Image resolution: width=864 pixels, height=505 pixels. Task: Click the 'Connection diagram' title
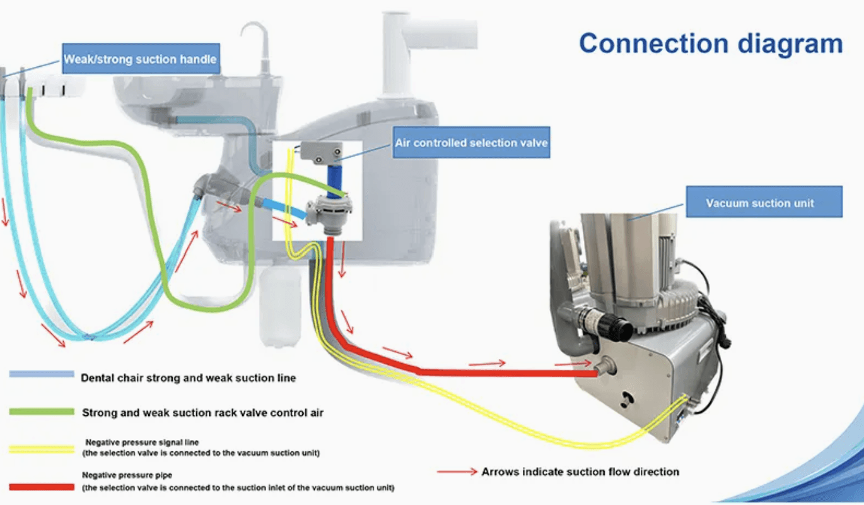click(x=711, y=44)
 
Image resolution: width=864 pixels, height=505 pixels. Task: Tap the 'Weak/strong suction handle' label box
click(x=141, y=59)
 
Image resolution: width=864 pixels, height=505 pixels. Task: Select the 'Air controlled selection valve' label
click(x=471, y=143)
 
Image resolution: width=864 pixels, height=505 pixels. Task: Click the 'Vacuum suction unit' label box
click(x=764, y=202)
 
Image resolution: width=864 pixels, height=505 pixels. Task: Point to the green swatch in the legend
click(x=42, y=412)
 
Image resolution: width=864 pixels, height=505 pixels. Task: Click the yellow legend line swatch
click(x=42, y=449)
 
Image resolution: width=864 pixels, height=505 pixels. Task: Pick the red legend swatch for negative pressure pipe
click(x=42, y=487)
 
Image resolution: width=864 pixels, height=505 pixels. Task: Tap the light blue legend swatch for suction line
click(x=42, y=374)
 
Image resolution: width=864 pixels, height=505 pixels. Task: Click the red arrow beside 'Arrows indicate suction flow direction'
click(x=457, y=472)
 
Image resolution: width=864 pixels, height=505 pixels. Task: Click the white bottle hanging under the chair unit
click(x=281, y=307)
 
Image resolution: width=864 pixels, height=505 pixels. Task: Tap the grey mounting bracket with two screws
click(x=321, y=153)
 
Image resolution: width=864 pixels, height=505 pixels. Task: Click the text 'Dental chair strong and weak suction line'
click(x=188, y=377)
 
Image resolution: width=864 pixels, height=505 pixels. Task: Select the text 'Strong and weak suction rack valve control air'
click(x=202, y=413)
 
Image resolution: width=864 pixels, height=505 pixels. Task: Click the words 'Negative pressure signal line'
click(x=142, y=442)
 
